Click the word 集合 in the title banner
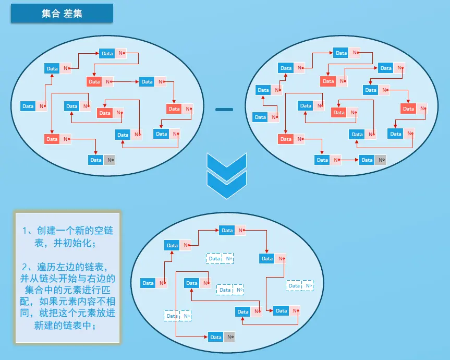click(51, 14)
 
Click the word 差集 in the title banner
click(72, 14)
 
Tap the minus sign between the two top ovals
click(224, 110)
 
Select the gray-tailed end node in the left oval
click(102, 160)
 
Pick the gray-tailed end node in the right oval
click(373, 160)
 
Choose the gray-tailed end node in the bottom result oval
click(222, 337)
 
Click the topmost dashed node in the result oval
click(220, 258)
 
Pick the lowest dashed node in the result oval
click(177, 316)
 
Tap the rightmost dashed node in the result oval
click(300, 285)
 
